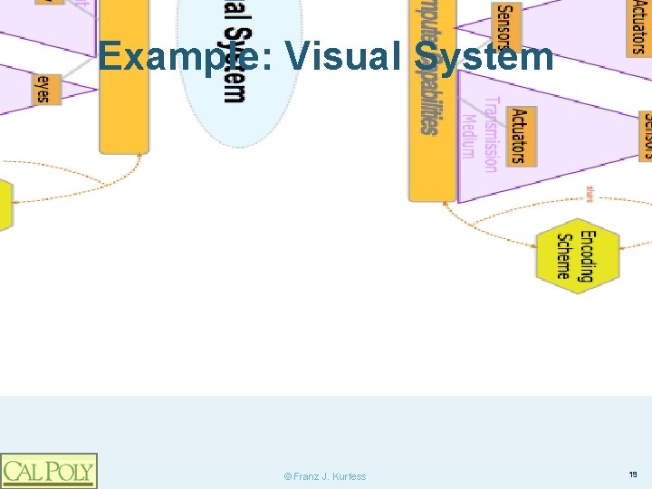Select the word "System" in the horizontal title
point(484,56)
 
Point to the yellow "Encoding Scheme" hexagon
point(577,255)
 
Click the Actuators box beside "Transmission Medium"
point(519,136)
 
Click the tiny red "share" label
point(590,192)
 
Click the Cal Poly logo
point(48,470)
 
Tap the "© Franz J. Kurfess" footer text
point(324,476)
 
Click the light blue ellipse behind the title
point(226,100)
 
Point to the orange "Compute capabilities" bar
point(432,100)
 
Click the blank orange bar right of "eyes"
point(124,77)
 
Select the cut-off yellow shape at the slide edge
point(5,205)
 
